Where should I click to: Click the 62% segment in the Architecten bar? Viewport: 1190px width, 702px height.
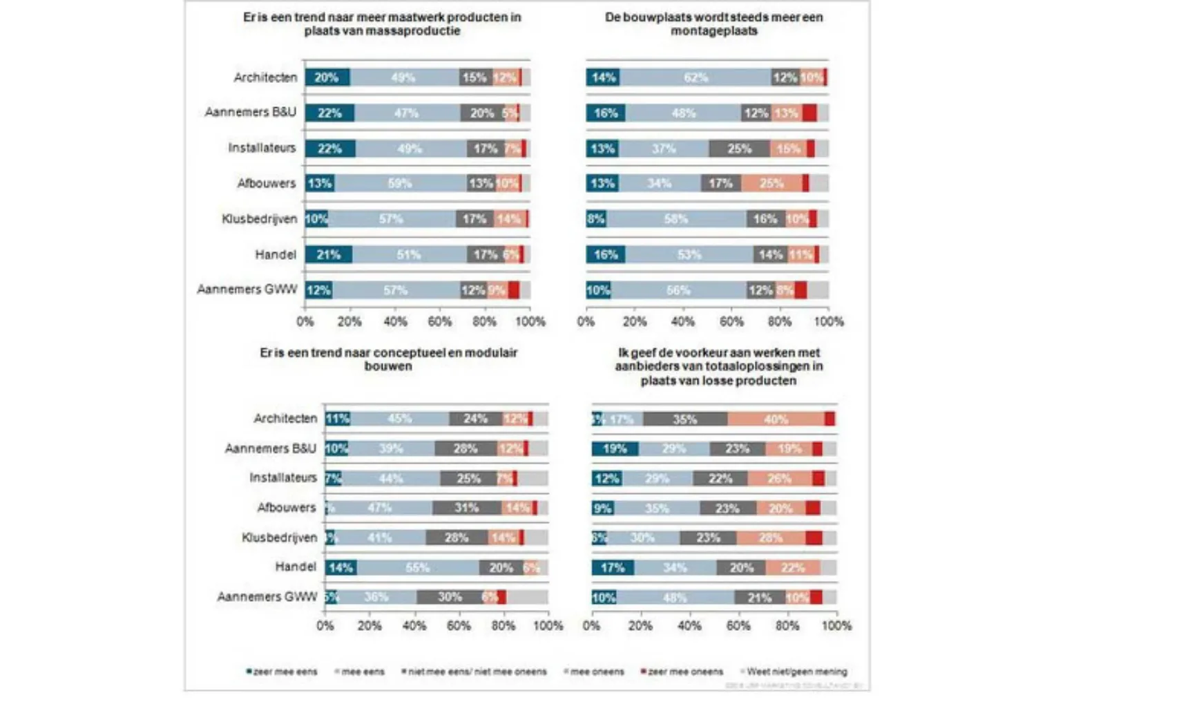click(x=695, y=77)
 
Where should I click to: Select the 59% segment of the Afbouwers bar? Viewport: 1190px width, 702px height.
click(x=400, y=183)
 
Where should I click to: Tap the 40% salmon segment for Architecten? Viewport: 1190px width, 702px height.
click(x=776, y=419)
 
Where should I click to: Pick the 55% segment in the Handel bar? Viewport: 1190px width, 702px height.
click(x=418, y=568)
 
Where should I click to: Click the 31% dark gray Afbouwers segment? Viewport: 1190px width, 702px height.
click(x=466, y=508)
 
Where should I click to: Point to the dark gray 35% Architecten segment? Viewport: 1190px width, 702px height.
click(x=684, y=419)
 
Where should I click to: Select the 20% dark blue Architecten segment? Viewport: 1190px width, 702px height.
click(x=327, y=77)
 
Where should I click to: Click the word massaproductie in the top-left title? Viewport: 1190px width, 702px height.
click(x=416, y=31)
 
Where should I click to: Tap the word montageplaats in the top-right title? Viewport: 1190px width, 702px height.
click(x=713, y=31)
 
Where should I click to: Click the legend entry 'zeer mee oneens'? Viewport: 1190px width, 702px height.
click(x=684, y=672)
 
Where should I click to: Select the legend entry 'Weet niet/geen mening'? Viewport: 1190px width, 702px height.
click(x=796, y=672)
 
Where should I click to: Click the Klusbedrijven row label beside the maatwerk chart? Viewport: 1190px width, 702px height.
click(x=259, y=219)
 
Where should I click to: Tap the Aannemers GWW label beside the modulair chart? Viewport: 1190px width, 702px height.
click(x=267, y=597)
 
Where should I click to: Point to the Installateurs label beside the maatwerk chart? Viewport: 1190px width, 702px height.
click(x=262, y=148)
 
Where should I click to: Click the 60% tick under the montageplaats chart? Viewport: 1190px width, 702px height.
click(x=731, y=322)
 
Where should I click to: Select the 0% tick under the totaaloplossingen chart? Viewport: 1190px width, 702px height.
click(x=592, y=626)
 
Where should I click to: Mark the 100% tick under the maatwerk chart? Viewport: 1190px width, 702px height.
click(x=530, y=322)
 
